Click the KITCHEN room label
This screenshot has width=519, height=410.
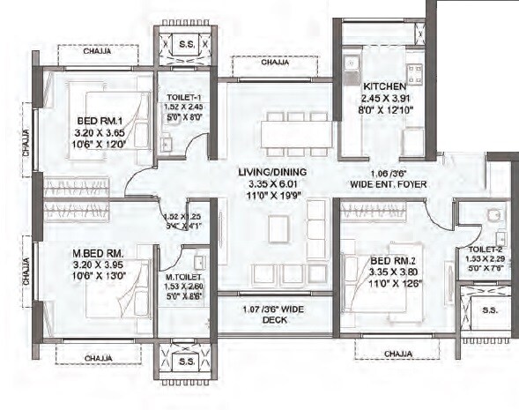(x=382, y=86)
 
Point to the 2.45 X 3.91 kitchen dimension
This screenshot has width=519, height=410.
(x=382, y=98)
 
